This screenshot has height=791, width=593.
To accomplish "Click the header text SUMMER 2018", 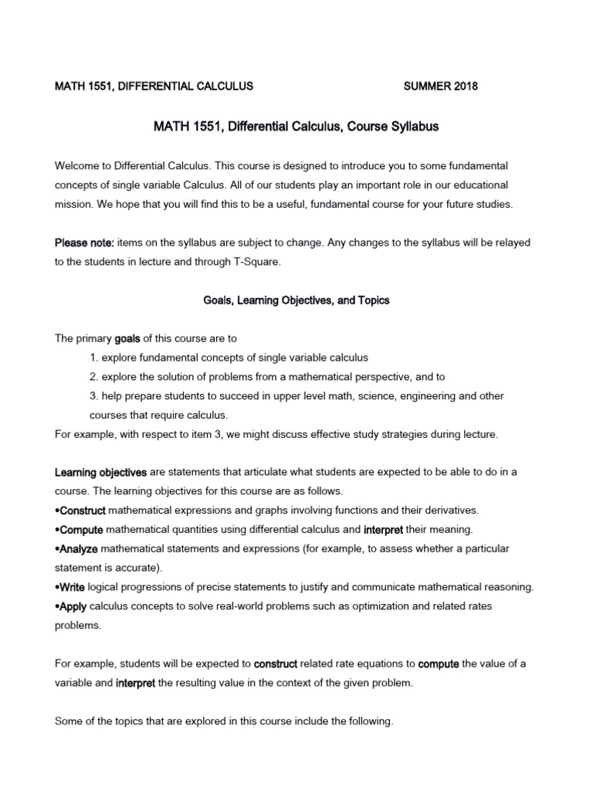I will point(441,87).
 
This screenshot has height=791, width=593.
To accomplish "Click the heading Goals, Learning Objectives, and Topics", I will point(296,300).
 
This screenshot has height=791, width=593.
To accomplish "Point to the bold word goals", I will point(128,338).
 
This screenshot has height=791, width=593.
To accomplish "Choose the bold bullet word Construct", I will point(83,511).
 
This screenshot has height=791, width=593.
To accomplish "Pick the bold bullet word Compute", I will point(81,530).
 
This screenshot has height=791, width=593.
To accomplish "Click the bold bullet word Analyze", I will point(79,549).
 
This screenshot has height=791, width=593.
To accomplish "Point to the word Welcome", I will point(79,166).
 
